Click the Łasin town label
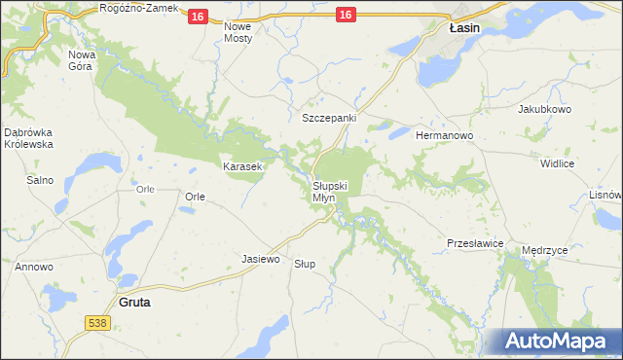pos(464,29)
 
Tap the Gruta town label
pos(134,303)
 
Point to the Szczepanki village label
pos(329,118)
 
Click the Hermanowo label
pos(444,135)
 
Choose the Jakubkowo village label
pos(544,109)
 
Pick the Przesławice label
pos(474,242)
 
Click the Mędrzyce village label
pos(545,250)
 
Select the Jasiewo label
pos(260,260)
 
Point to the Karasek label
pos(242,167)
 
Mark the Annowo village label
pos(32,266)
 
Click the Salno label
pos(40,180)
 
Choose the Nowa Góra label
pos(82,60)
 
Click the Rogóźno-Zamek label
pos(139,8)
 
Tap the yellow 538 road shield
pos(96,322)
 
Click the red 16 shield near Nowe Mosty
pos(198,17)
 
